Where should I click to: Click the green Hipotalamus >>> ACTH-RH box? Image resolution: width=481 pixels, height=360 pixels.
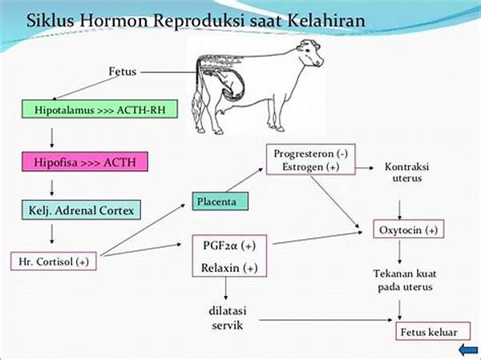[x=99, y=109]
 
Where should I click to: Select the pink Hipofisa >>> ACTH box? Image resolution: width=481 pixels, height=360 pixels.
[x=85, y=162]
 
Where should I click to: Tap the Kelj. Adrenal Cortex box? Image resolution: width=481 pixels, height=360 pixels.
[x=81, y=210]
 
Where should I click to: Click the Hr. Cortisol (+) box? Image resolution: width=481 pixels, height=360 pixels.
[x=54, y=261]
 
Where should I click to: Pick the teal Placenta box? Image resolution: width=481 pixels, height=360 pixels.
[x=220, y=201]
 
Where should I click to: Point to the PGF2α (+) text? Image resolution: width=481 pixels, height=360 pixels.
[x=229, y=245]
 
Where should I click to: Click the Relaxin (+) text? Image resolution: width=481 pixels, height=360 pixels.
[x=229, y=268]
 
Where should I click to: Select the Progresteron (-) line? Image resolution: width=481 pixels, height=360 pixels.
[x=311, y=153]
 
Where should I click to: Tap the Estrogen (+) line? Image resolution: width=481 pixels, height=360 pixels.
[x=310, y=167]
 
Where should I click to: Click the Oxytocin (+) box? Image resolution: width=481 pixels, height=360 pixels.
[x=409, y=229]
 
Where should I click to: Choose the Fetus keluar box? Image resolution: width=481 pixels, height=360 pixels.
[x=433, y=331]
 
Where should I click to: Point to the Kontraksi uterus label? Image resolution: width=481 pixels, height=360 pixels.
[x=406, y=172]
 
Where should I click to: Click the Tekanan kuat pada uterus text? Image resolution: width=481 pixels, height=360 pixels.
[x=405, y=280]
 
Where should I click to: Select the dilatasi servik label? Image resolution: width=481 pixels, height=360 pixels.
[x=228, y=318]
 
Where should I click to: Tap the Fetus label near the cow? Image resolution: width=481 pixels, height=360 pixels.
[x=123, y=71]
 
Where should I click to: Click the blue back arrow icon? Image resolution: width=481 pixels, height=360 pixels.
[x=468, y=350]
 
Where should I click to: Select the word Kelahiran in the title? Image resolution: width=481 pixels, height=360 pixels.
[x=327, y=21]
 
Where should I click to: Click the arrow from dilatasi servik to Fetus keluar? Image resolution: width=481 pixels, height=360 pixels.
[x=325, y=320]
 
